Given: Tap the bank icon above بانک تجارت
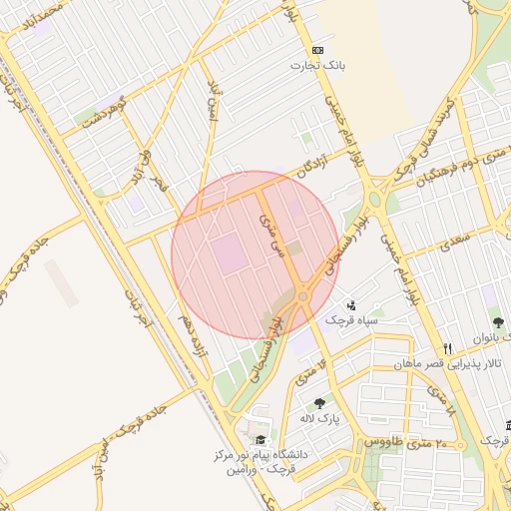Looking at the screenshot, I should pyautogui.click(x=317, y=50).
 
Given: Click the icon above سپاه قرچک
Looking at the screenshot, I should pyautogui.click(x=351, y=305).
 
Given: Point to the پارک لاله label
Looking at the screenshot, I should pyautogui.click(x=323, y=420).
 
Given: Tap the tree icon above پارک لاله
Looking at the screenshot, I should pyautogui.click(x=319, y=404).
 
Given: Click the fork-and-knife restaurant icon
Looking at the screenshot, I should pyautogui.click(x=449, y=348).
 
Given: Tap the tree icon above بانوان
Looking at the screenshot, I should pyautogui.click(x=498, y=322).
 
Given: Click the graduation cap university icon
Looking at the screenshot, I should pyautogui.click(x=260, y=440).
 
